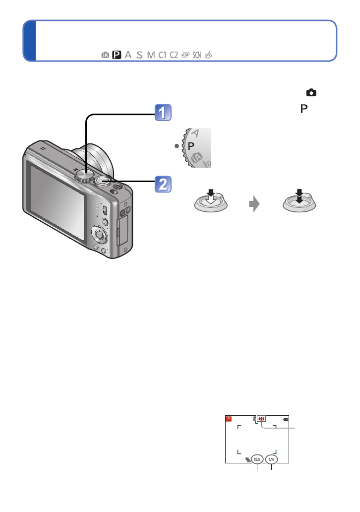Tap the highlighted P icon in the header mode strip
pyautogui.click(x=117, y=55)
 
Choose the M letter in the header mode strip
pyautogui.click(x=150, y=55)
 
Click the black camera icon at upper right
pyautogui.click(x=311, y=92)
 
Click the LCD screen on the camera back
pyautogui.click(x=59, y=201)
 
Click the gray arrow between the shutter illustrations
pyautogui.click(x=254, y=204)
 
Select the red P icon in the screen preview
pyautogui.click(x=228, y=419)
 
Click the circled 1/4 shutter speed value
pyautogui.click(x=271, y=459)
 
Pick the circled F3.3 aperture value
pyautogui.click(x=257, y=459)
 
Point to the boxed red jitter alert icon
pyautogui.click(x=262, y=418)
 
